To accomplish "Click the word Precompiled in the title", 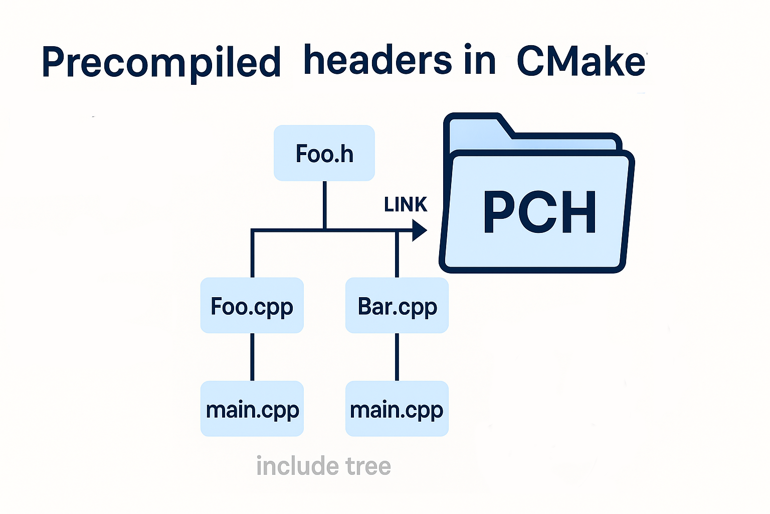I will coord(161,63).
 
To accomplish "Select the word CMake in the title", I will coord(581,62).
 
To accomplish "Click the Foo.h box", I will coord(324,153).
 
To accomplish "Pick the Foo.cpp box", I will coord(252,306).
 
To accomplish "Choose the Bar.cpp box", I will coord(397,306).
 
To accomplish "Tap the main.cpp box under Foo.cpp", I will coord(252,409).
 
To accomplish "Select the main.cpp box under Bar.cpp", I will coord(397,409).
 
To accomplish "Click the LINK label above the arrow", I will coord(405,205).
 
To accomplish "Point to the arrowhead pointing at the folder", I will coord(419,230).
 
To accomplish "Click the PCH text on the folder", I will coord(539,213).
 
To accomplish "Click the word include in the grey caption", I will coord(290,466).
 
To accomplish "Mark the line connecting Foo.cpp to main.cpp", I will coord(252,357).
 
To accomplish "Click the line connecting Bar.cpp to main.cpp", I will coord(397,357).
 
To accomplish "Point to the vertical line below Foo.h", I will coord(325,205).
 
